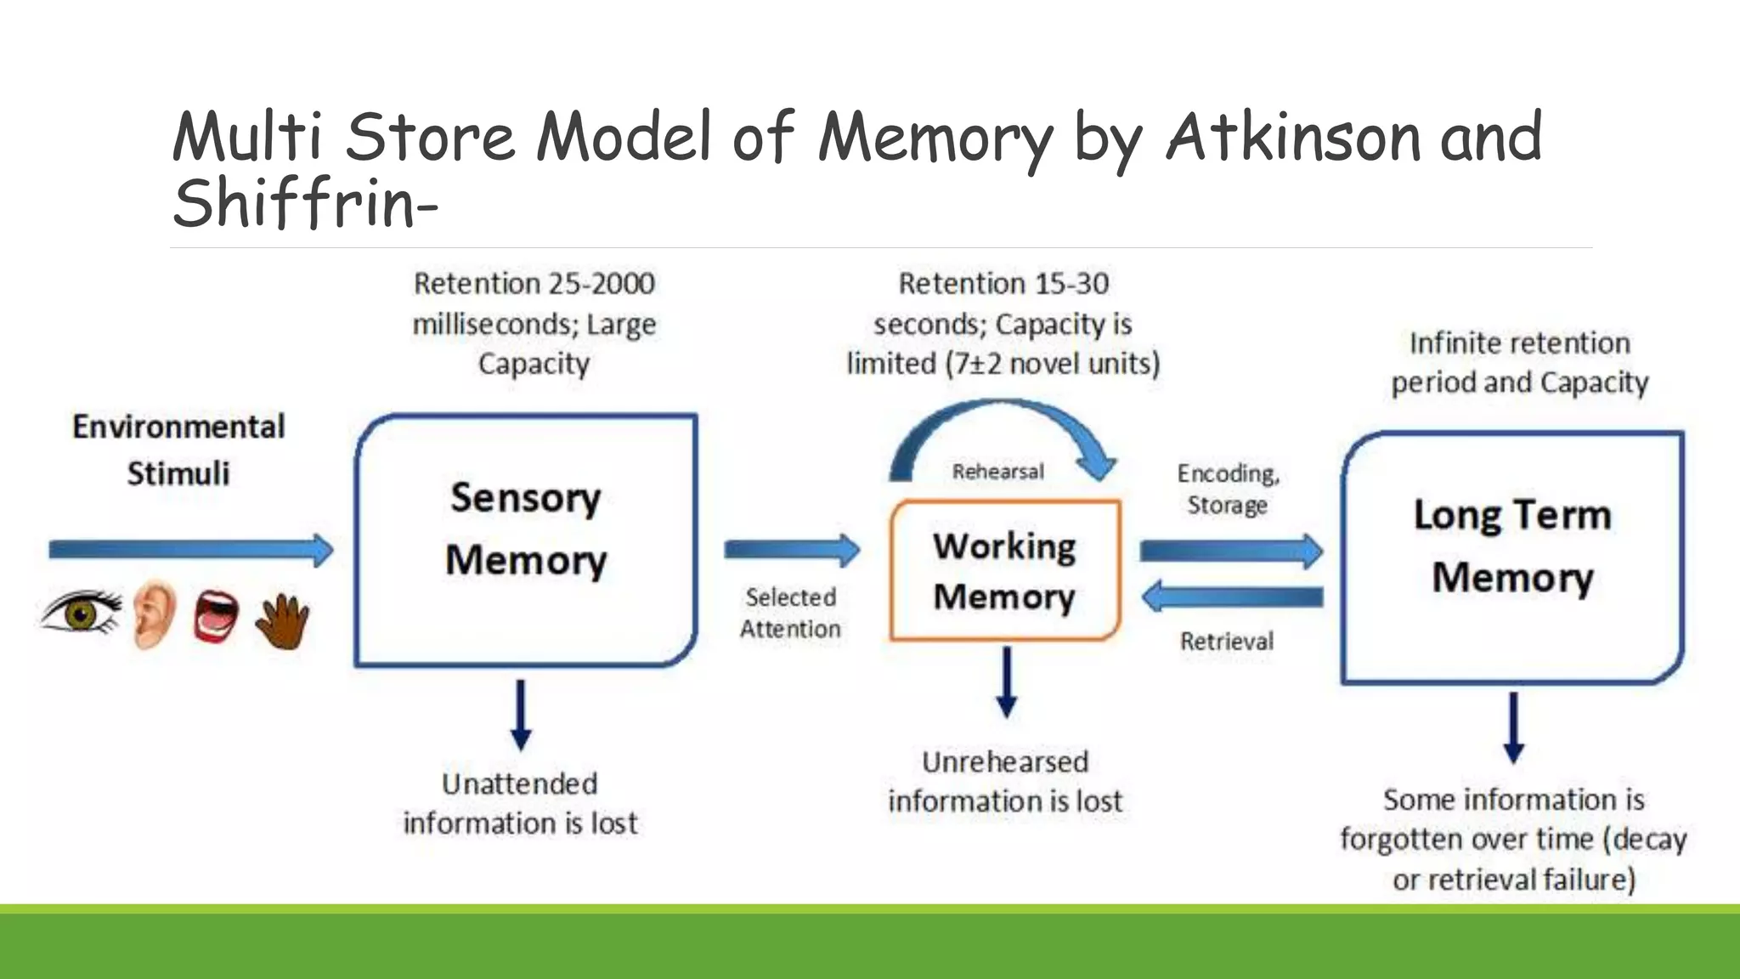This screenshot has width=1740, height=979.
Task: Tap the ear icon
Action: tap(155, 614)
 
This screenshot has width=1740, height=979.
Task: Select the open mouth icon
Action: tap(216, 617)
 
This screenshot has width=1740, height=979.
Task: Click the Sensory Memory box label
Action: tap(526, 529)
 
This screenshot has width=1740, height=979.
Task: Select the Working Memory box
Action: tap(1004, 570)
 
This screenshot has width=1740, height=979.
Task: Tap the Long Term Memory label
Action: tap(1512, 546)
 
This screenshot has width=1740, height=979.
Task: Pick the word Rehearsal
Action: tap(997, 472)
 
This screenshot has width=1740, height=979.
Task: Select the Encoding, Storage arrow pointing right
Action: tap(1230, 552)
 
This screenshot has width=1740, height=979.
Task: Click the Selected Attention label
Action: tap(790, 613)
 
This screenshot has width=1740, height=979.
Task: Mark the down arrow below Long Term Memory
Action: tap(1513, 727)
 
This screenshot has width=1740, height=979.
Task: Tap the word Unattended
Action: tap(519, 784)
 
